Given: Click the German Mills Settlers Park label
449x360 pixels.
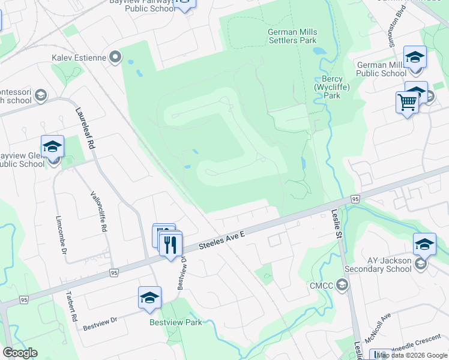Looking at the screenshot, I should (x=292, y=36).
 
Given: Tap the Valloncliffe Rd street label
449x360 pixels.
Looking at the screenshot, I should (x=98, y=211).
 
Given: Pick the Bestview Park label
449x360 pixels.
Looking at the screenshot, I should (x=176, y=322).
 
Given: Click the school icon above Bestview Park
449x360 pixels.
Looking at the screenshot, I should (x=149, y=298).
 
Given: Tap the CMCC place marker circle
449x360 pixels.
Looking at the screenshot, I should (x=343, y=285).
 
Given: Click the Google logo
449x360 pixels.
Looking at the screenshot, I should (x=19, y=352).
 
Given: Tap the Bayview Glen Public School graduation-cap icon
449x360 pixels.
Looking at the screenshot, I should (x=52, y=146).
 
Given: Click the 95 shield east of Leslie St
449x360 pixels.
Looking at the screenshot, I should (x=356, y=199).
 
